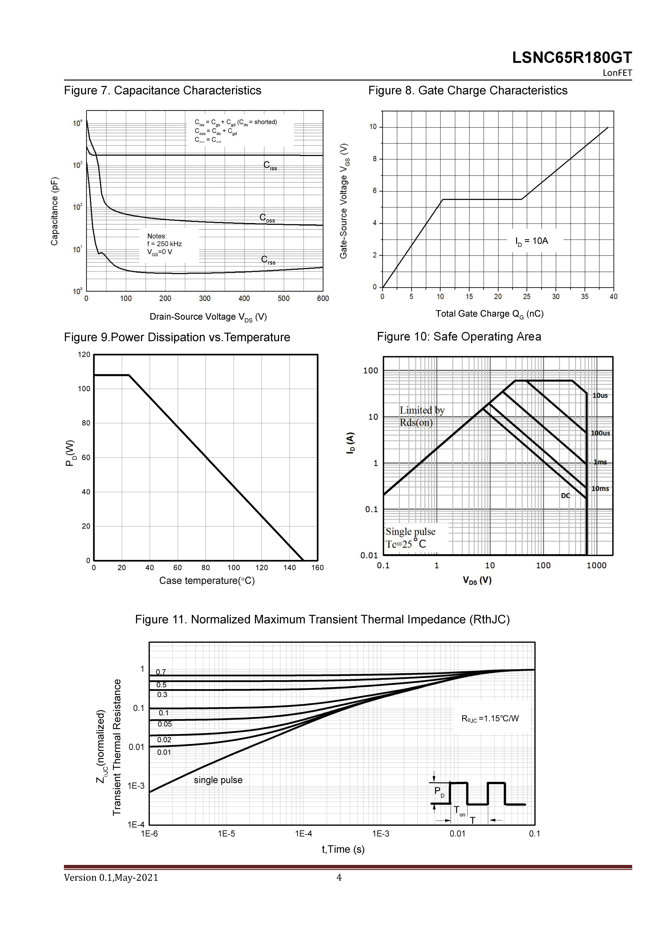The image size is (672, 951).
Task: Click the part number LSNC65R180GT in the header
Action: [x=572, y=58]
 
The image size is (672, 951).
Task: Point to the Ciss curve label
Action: [x=270, y=166]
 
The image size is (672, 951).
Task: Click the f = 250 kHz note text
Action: [x=164, y=244]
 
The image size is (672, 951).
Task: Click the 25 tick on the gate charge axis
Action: [x=527, y=297]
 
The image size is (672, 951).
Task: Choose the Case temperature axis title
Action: [x=207, y=581]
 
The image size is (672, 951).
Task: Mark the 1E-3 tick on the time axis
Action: [x=380, y=834]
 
